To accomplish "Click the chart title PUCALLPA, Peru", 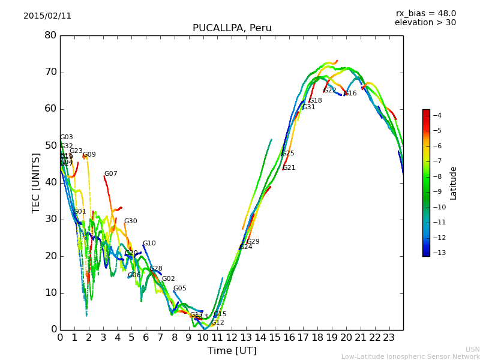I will pyautogui.click(x=232, y=28).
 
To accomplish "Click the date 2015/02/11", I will pyautogui.click(x=47, y=16).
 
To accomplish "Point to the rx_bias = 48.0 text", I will pyautogui.click(x=426, y=13).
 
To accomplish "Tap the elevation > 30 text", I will pyautogui.click(x=425, y=23).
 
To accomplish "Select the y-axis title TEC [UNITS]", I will pyautogui.click(x=36, y=183).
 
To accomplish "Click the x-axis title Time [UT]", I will pyautogui.click(x=232, y=351).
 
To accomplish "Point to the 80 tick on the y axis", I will pyautogui.click(x=50, y=35).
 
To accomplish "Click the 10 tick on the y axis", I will pyautogui.click(x=50, y=293).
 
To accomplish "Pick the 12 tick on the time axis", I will pyautogui.click(x=232, y=337).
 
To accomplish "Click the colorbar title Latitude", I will pyautogui.click(x=454, y=183).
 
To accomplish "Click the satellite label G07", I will pyautogui.click(x=111, y=174).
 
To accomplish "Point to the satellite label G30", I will pyautogui.click(x=131, y=221).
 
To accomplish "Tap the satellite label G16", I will pyautogui.click(x=350, y=94).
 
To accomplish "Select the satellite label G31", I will pyautogui.click(x=309, y=107).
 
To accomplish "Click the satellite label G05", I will pyautogui.click(x=180, y=289).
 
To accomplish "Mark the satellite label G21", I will pyautogui.click(x=289, y=168).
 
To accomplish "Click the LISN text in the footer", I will pyautogui.click(x=473, y=349).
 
